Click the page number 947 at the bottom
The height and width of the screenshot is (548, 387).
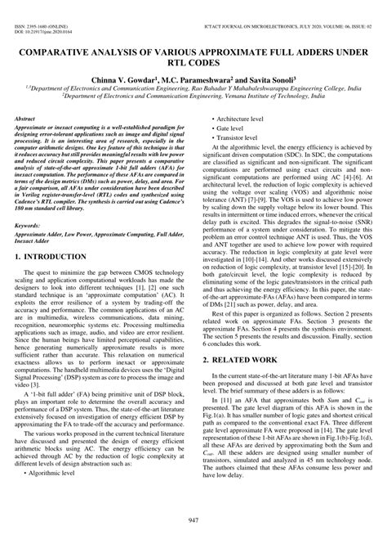pos(193,521)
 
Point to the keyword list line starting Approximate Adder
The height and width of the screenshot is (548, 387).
pos(98,236)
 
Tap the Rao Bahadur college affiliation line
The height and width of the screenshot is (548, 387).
pos(193,84)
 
